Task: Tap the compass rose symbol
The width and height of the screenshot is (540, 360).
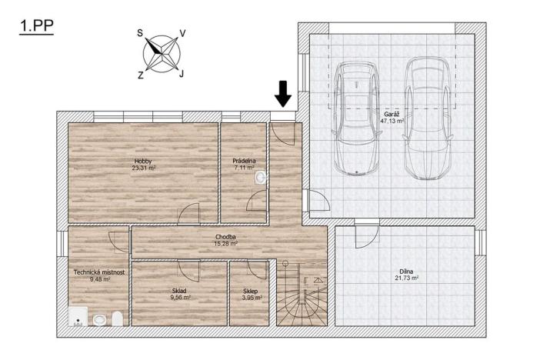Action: pos(161,53)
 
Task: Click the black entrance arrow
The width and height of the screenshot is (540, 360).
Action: pos(282,93)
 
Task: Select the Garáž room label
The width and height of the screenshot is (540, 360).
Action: pos(391,114)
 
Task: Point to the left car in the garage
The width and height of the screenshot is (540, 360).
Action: pos(356,115)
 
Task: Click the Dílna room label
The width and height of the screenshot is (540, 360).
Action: pos(408,270)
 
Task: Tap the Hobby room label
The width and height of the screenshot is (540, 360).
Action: pos(143,161)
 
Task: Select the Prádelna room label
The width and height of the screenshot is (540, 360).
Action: pos(244,161)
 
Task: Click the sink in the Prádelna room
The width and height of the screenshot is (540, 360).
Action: pos(261,178)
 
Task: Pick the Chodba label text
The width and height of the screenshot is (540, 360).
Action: pos(225,237)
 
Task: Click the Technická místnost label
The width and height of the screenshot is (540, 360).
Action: pos(99,272)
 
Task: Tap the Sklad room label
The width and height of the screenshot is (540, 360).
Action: pos(179,291)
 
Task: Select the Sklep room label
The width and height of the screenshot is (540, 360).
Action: pos(250,291)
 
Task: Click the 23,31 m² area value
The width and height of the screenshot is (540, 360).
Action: pos(143,168)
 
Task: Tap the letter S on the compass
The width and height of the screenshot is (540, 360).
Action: pos(140,33)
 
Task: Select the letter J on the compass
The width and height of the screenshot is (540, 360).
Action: pos(181,74)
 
